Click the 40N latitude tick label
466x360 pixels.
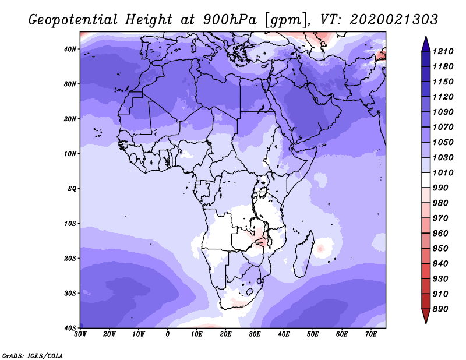70,49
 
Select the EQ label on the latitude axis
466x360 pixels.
72,189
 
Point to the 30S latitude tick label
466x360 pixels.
70,293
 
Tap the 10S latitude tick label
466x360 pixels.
70,224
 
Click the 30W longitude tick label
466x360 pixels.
80,334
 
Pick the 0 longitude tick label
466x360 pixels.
168,334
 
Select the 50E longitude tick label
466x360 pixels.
313,334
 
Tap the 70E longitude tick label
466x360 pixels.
371,334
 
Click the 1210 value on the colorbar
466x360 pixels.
443,51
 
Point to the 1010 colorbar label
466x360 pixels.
443,172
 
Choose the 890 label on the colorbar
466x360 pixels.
440,309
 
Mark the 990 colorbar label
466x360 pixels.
440,188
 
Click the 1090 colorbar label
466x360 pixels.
443,112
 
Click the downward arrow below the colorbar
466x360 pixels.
426,316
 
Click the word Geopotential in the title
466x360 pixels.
73,20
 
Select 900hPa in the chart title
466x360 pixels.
230,20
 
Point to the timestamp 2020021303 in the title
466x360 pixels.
394,20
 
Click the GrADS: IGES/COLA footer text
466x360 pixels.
33,356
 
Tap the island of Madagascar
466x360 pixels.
303,253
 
